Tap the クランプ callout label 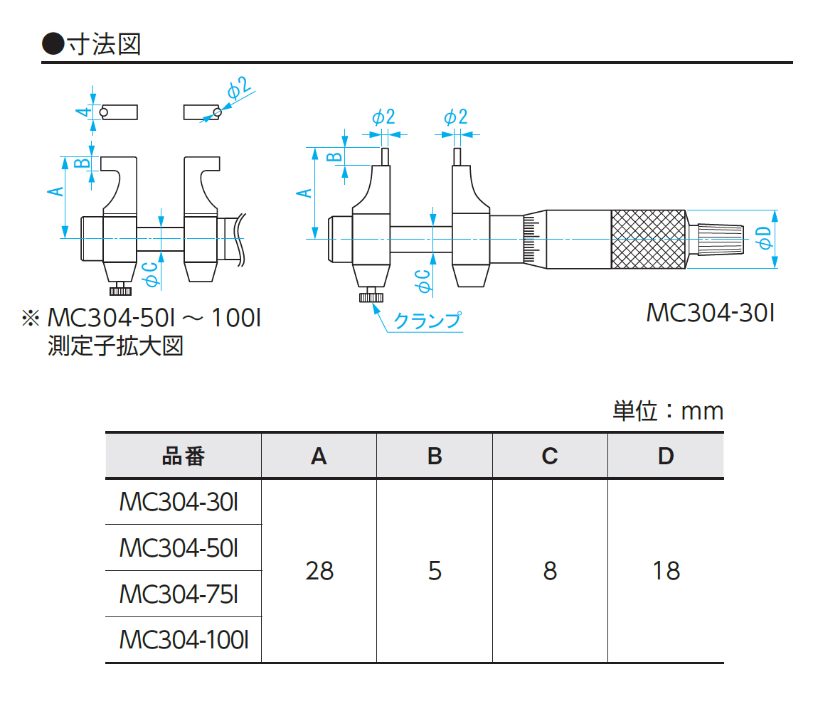427,321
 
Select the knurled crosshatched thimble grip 648,240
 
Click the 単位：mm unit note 667,411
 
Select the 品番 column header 183,456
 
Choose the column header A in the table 319,456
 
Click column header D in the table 665,456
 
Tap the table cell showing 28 319,570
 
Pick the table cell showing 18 665,570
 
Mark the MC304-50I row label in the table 179,547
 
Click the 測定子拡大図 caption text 115,346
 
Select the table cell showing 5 435,570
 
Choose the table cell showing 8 550,570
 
